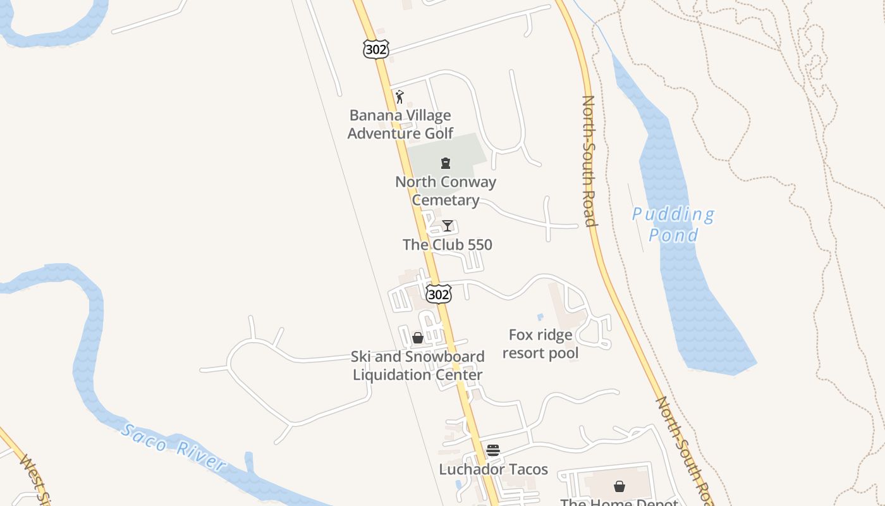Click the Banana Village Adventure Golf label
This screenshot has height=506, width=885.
pyautogui.click(x=400, y=125)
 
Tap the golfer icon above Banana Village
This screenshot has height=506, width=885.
pyautogui.click(x=400, y=97)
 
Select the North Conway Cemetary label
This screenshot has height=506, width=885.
pyautogui.click(x=446, y=191)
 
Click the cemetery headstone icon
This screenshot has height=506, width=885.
pyautogui.click(x=446, y=163)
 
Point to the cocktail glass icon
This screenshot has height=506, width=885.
pyautogui.click(x=448, y=226)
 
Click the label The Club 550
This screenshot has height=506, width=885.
pyautogui.click(x=448, y=245)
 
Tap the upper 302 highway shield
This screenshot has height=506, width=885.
pyautogui.click(x=375, y=49)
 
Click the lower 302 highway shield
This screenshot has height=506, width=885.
pyautogui.click(x=439, y=294)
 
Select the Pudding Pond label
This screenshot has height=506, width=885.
pyautogui.click(x=674, y=225)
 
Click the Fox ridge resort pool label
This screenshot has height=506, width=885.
pyautogui.click(x=540, y=344)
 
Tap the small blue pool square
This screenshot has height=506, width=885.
pyautogui.click(x=540, y=317)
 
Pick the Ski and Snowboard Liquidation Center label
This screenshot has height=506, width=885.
pyautogui.click(x=418, y=366)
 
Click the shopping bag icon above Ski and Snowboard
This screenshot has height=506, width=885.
pyautogui.click(x=418, y=338)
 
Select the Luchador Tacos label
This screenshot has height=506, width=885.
pyautogui.click(x=494, y=469)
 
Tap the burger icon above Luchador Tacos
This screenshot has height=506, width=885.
pyautogui.click(x=493, y=450)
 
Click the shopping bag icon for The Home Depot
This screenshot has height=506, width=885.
pyautogui.click(x=619, y=486)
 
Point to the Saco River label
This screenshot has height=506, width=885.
pyautogui.click(x=173, y=448)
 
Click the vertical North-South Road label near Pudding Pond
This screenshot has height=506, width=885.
pyautogui.click(x=589, y=161)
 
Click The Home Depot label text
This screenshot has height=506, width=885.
pyautogui.click(x=619, y=502)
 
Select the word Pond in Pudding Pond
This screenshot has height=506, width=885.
pyautogui.click(x=674, y=235)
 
